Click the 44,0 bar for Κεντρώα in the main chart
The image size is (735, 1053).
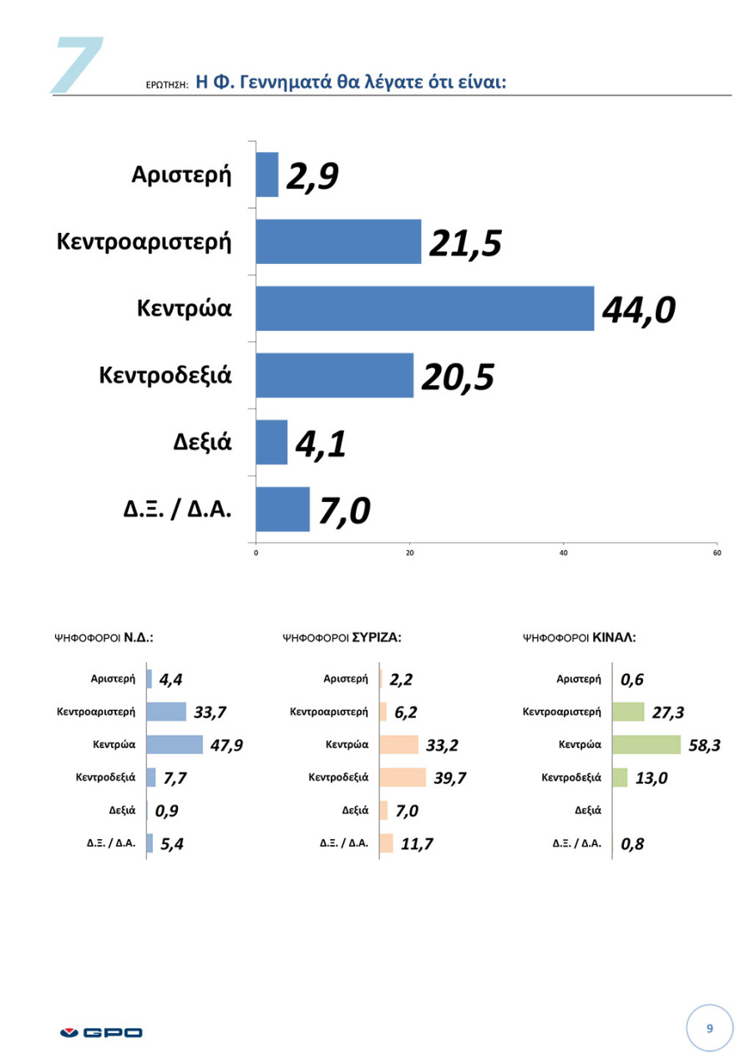(x=424, y=308)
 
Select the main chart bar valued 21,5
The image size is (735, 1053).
(x=338, y=241)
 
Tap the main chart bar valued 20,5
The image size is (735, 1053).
(x=334, y=375)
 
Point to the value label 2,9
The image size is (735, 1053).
(x=312, y=177)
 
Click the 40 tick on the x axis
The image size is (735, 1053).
(x=564, y=552)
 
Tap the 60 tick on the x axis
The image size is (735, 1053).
(x=717, y=552)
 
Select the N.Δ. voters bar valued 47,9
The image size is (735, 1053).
(x=175, y=744)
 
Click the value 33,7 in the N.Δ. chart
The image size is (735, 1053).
(x=210, y=712)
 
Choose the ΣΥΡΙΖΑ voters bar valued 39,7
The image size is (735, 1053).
(x=403, y=777)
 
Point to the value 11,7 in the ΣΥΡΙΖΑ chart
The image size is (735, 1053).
(x=417, y=843)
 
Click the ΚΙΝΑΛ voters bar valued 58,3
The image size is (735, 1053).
(x=646, y=744)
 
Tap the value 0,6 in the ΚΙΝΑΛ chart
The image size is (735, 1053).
(x=632, y=680)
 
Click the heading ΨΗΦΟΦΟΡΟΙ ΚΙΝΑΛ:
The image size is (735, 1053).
(x=579, y=637)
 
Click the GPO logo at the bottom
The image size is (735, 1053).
(x=102, y=1033)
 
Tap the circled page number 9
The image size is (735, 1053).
(x=709, y=1028)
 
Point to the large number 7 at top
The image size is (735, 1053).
(x=77, y=64)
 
